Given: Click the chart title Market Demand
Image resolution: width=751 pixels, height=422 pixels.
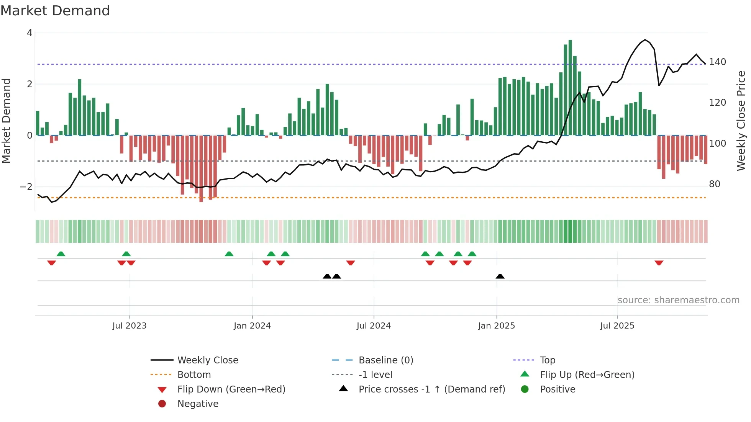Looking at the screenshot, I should pos(55,11).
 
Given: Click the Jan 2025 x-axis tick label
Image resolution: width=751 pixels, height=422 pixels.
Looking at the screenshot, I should pos(496,326).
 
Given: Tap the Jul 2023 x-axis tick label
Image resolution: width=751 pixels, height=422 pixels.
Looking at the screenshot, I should pos(130,326).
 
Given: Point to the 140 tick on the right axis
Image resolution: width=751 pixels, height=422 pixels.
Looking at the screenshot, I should pos(717,62).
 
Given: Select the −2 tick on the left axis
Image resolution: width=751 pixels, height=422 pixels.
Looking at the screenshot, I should pos(26,187).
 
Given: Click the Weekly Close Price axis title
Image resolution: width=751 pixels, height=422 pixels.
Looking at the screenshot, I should pos(741,121).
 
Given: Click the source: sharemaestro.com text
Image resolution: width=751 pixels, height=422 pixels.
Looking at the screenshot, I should pos(678,300).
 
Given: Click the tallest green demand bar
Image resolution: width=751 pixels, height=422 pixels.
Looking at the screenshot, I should pos(570,88).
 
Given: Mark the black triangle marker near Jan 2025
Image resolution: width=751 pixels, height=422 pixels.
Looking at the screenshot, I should pos(500,276).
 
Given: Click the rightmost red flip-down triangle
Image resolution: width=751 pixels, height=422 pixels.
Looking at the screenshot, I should pos(659,263).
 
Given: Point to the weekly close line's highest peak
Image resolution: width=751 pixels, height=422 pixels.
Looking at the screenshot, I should pos(645,40).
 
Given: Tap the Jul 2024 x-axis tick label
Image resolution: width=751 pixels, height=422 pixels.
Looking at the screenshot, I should pos(374,326).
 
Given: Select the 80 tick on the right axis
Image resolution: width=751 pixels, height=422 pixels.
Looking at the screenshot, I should pos(715,184).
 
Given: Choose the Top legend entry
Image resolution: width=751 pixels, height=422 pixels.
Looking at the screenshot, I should pos(548,360).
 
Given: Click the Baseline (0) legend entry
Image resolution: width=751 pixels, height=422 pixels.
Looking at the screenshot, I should pos(385,360).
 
